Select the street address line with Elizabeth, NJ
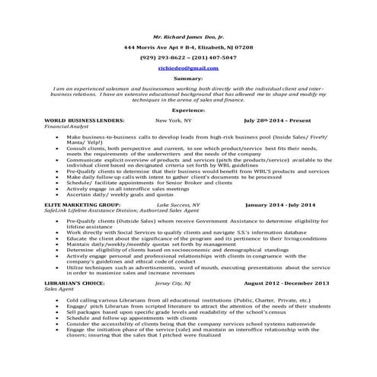(x=188, y=46)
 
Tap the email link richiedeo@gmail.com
(x=188, y=67)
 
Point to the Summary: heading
(x=188, y=78)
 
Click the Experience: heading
(x=188, y=110)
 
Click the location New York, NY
(x=174, y=120)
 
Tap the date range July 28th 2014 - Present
(x=278, y=120)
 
